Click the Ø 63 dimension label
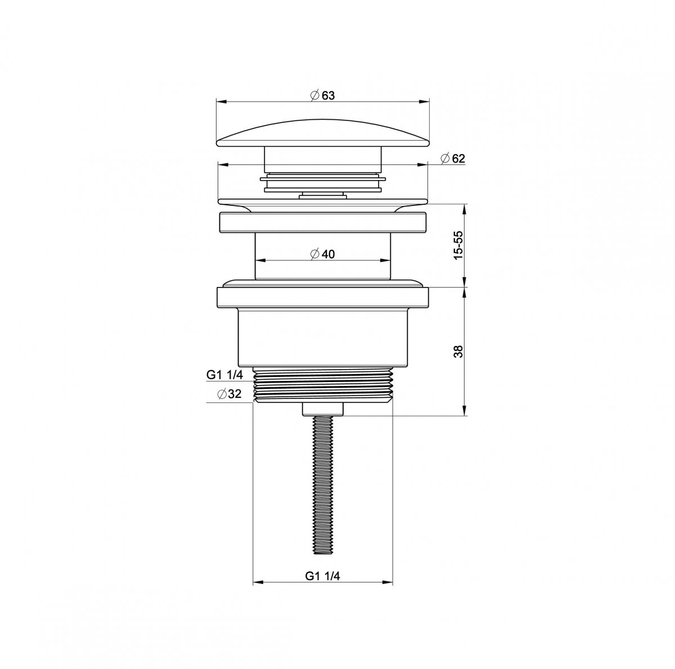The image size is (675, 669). pos(323,95)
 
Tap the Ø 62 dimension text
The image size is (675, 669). pos(453,159)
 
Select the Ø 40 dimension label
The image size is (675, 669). pos(323,254)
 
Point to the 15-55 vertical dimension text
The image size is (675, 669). pos(458,245)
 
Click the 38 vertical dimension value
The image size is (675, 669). pos(458,351)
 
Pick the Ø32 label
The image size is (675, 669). pos(229,394)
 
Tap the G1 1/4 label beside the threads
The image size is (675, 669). pos(224,375)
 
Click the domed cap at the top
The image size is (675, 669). pos(323,134)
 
